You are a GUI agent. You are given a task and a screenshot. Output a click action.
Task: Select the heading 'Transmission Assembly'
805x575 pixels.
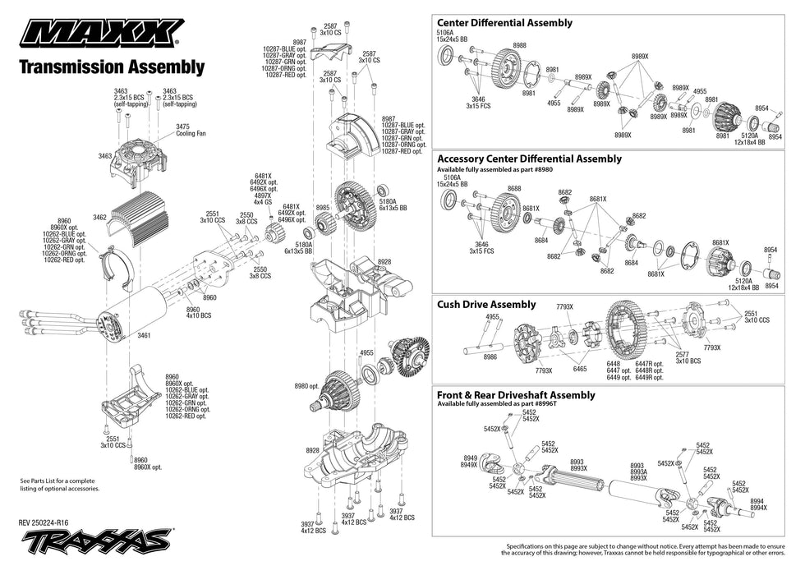(112, 67)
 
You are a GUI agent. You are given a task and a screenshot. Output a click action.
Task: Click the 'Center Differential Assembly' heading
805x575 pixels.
(504, 23)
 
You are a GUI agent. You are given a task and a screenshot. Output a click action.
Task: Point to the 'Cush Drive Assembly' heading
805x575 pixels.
(486, 305)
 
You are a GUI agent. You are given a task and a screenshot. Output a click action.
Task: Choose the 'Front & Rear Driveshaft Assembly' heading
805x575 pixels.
(516, 395)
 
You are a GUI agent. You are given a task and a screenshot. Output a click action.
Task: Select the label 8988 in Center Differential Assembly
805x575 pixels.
(519, 45)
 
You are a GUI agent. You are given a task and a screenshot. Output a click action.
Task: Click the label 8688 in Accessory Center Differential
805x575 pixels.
(514, 189)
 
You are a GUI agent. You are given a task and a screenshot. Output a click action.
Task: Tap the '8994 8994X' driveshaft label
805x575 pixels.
(758, 504)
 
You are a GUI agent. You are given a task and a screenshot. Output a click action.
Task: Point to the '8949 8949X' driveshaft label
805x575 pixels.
(469, 462)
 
